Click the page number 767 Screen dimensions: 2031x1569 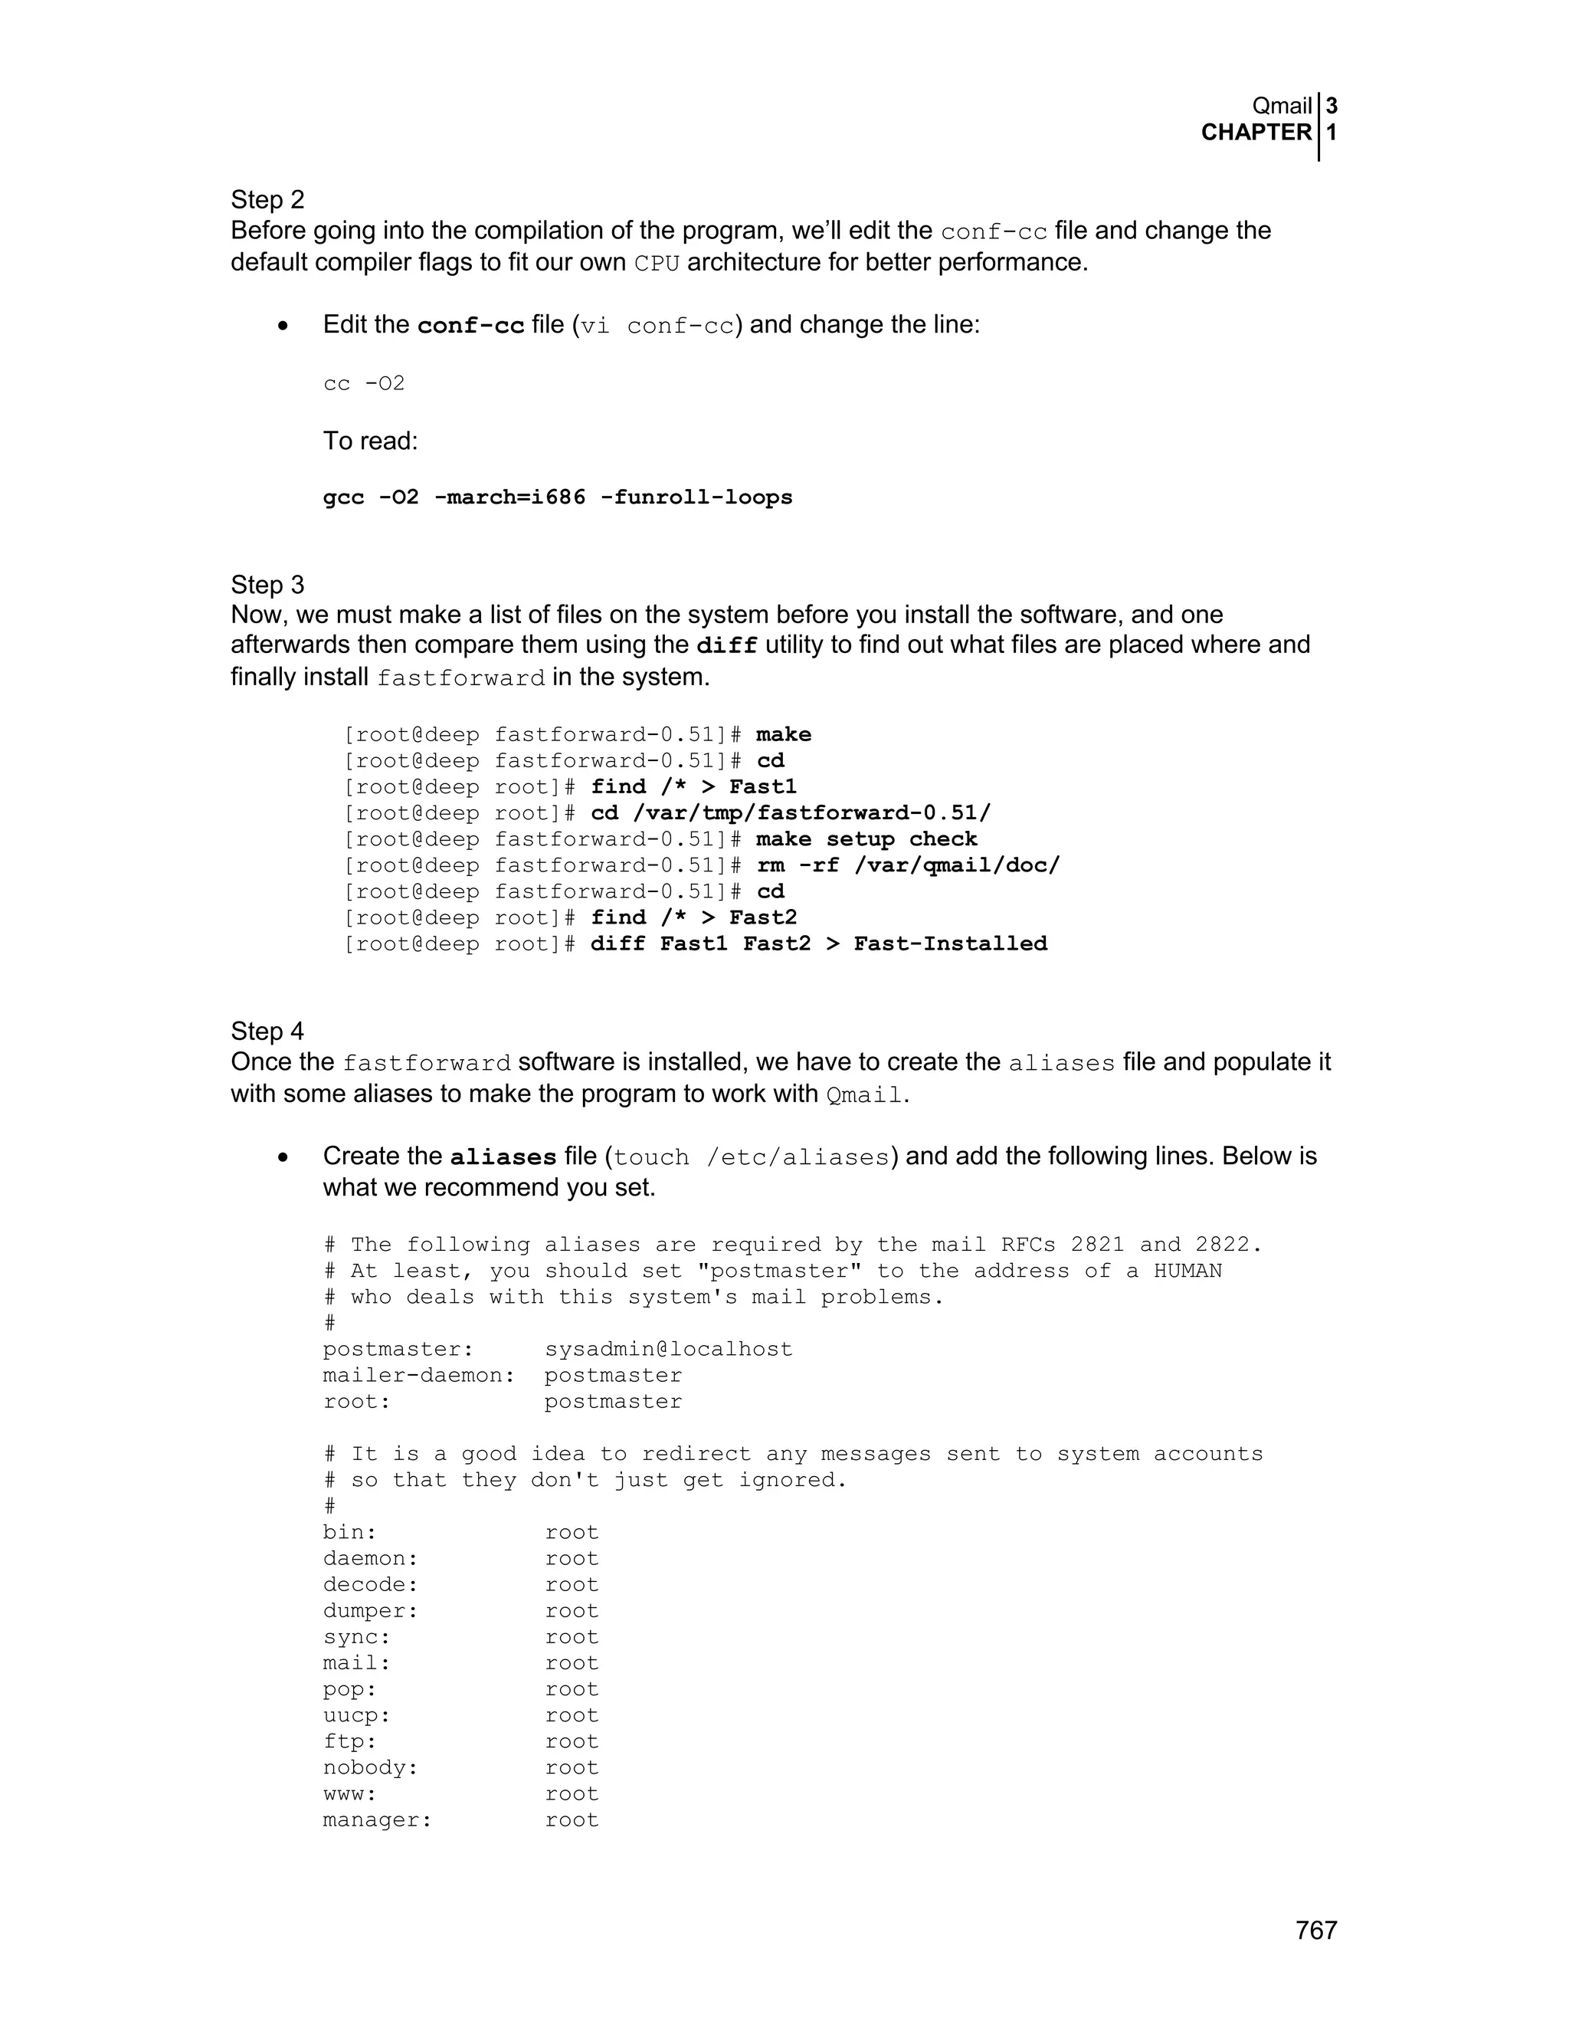pyautogui.click(x=1315, y=1931)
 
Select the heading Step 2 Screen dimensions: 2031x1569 pyautogui.click(x=267, y=200)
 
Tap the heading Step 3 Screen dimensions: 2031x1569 pyautogui.click(x=267, y=584)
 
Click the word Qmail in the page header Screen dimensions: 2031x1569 pyautogui.click(x=1282, y=106)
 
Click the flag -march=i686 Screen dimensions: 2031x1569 pyautogui.click(x=509, y=497)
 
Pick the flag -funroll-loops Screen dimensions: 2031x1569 pyautogui.click(x=696, y=497)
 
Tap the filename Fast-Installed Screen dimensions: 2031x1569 pyautogui.click(x=950, y=944)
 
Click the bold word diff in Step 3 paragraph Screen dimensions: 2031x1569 pyautogui.click(x=727, y=645)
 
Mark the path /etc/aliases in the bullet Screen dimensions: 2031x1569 pyautogui.click(x=798, y=1158)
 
